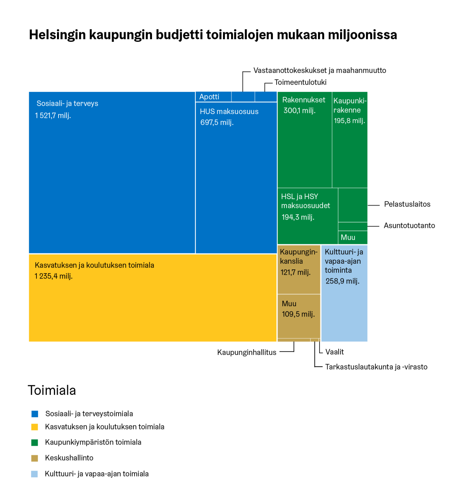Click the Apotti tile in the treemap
(209, 97)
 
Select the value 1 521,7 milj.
(53, 116)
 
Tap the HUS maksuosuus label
(229, 111)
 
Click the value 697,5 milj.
(217, 122)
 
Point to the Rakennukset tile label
(304, 100)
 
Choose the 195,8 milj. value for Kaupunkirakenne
(349, 121)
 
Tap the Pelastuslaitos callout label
(407, 204)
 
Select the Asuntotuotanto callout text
(409, 226)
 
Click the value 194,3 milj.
(298, 217)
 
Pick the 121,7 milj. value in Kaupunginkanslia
(295, 272)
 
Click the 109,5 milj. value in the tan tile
(298, 314)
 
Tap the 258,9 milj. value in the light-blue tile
(342, 281)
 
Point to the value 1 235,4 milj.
(54, 276)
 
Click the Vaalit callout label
(334, 352)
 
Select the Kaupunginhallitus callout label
(247, 353)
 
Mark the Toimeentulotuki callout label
(300, 82)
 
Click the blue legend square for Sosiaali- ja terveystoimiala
(35, 414)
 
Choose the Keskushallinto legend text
(69, 458)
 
